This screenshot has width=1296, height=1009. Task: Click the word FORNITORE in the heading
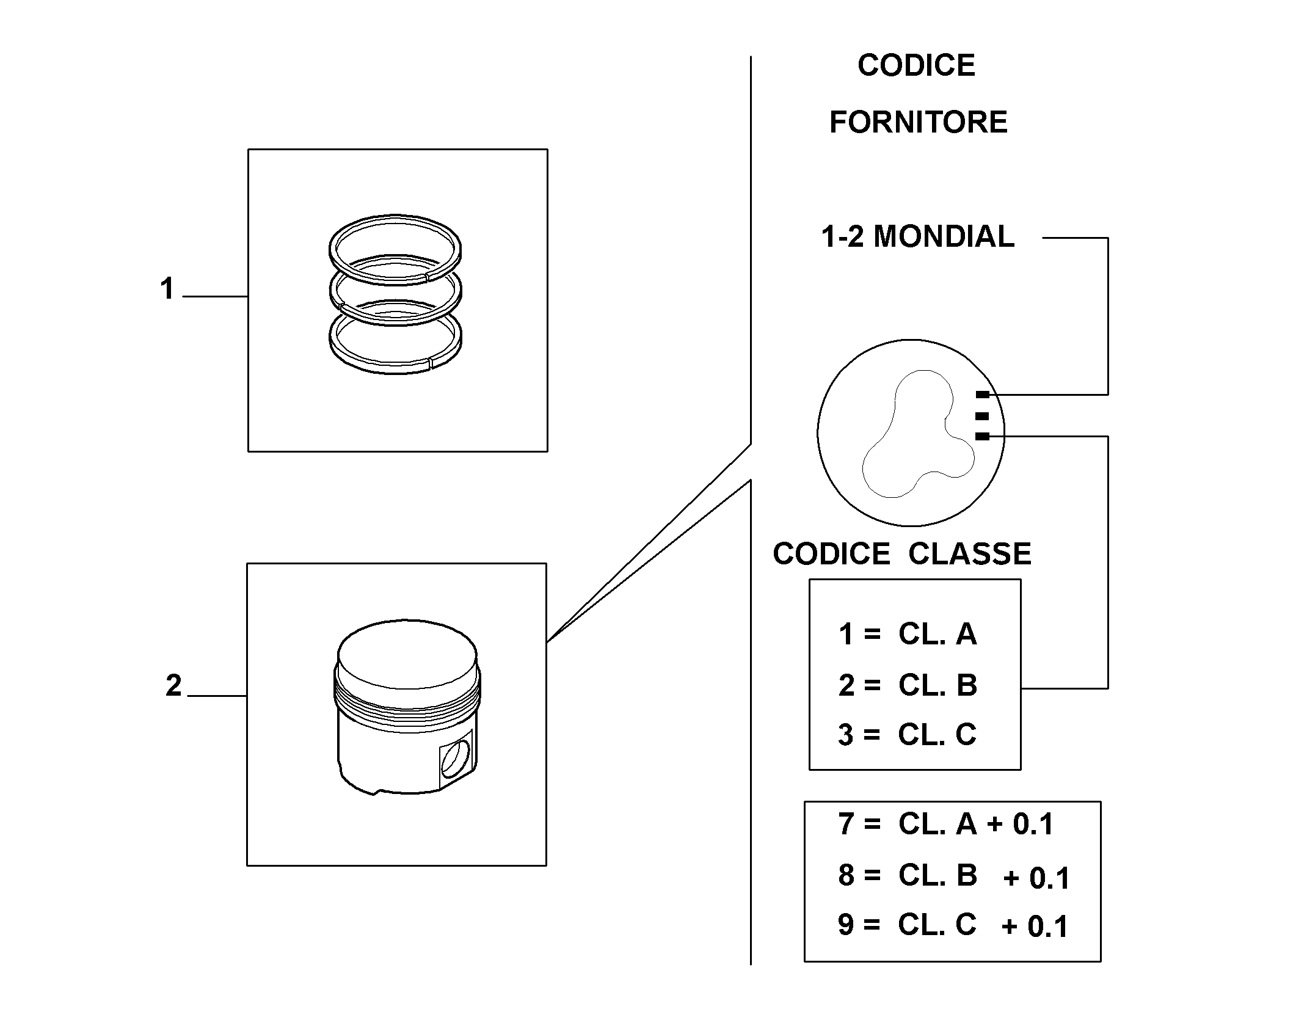click(x=918, y=122)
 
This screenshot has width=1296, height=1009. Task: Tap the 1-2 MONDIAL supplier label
click(x=917, y=236)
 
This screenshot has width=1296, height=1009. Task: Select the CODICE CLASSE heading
click(x=902, y=553)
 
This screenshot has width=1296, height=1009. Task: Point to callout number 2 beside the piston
click(x=173, y=685)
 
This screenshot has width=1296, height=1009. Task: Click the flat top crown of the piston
click(x=407, y=652)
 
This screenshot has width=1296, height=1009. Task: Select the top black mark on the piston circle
click(x=982, y=395)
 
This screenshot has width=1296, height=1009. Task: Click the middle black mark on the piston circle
click(x=982, y=416)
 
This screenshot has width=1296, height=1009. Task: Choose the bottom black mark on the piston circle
click(x=982, y=436)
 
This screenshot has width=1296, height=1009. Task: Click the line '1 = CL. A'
click(x=908, y=634)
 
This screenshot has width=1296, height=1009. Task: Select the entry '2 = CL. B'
click(x=908, y=685)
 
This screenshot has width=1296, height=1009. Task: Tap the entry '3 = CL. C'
click(x=908, y=734)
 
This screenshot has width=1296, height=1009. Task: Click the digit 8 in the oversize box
click(x=846, y=875)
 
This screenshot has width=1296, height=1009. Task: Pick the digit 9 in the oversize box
click(x=846, y=925)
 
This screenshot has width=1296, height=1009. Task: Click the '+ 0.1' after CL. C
click(x=1035, y=927)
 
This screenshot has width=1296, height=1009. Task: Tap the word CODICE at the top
click(x=916, y=65)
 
